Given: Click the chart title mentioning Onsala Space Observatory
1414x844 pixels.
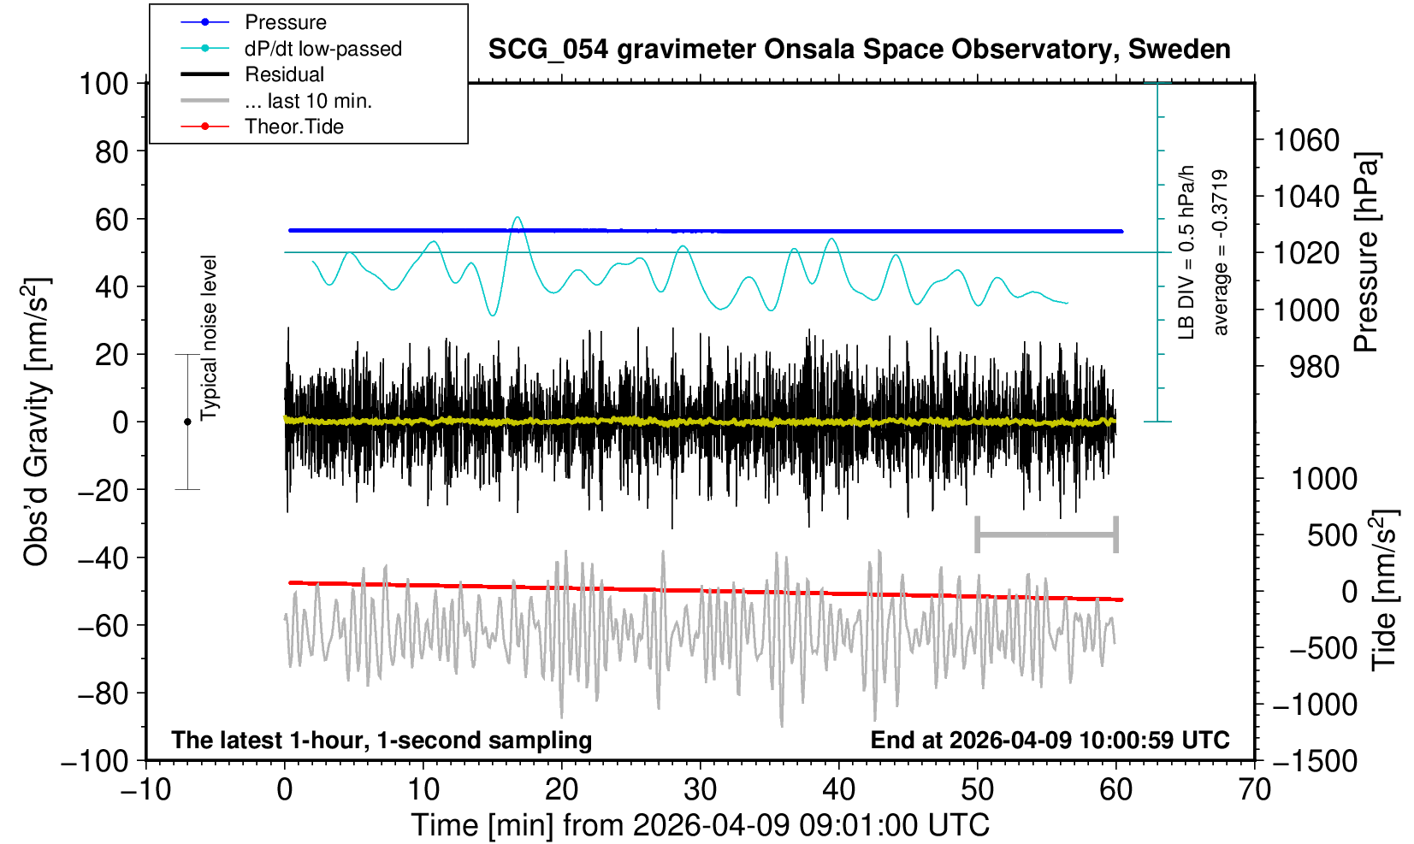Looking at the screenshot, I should [x=859, y=50].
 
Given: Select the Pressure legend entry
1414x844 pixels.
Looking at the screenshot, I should [x=285, y=22].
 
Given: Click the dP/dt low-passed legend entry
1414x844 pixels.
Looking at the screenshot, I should [x=322, y=49].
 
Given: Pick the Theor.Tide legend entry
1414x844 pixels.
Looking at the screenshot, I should [x=293, y=127].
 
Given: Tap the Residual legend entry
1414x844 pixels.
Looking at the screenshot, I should [x=284, y=74].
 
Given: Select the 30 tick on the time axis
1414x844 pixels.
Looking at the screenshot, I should [x=700, y=788].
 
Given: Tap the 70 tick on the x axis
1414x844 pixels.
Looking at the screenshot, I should [x=1254, y=788].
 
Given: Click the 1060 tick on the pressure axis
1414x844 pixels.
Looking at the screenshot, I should [x=1306, y=139].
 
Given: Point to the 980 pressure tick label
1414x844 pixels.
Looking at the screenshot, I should [x=1315, y=367].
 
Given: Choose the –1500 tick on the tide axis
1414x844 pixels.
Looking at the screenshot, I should [x=1315, y=761].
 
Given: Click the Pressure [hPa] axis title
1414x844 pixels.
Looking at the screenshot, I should [x=1366, y=252].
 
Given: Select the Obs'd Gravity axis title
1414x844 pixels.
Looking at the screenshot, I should [x=36, y=422].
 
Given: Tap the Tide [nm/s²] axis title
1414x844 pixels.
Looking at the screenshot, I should [x=1384, y=590].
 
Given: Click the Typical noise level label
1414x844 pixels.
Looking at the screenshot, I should [x=209, y=338].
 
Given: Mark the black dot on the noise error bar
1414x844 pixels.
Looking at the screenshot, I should [x=187, y=422].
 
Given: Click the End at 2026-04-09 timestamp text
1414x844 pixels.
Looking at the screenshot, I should [x=1050, y=740].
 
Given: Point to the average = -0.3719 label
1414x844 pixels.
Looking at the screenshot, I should [x=1221, y=252].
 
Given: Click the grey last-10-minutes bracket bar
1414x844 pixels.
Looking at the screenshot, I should [x=1046, y=535].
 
